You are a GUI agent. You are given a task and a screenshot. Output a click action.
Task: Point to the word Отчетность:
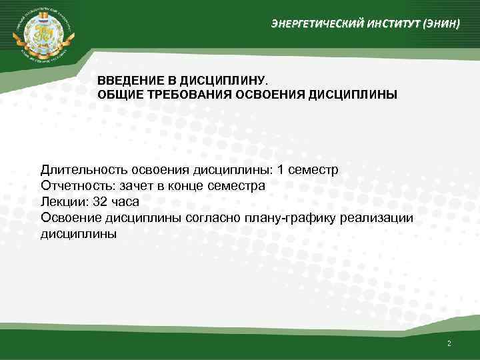tap(77, 186)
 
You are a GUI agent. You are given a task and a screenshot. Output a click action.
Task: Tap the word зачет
tap(137, 186)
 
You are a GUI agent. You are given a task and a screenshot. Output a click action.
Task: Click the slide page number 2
tap(449, 343)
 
